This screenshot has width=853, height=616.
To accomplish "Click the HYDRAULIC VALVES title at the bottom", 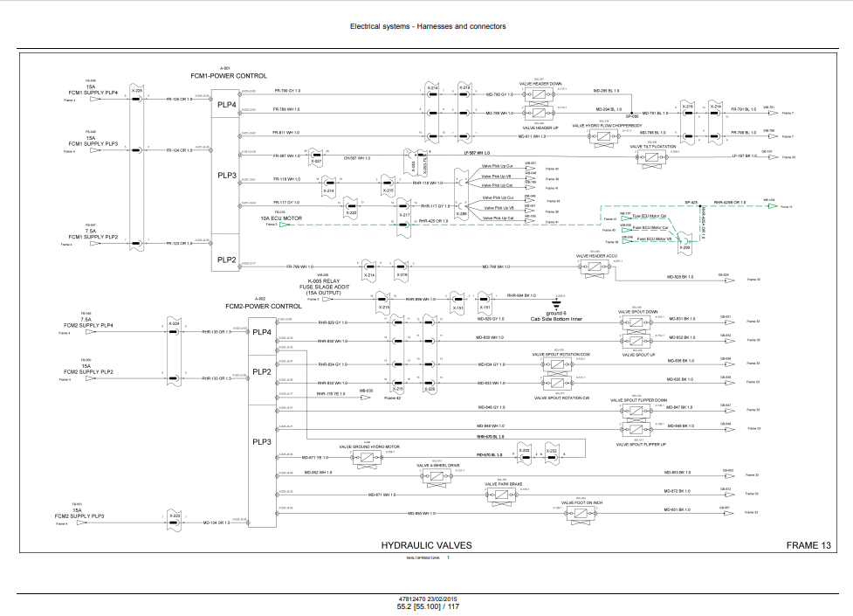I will (x=426, y=545).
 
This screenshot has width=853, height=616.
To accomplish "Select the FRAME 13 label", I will (x=808, y=545).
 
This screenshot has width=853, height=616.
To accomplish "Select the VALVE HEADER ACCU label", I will (x=597, y=256).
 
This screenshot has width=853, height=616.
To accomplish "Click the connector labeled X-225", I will (x=137, y=90).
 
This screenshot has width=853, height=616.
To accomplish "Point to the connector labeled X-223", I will (x=175, y=516).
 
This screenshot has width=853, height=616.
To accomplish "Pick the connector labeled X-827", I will (x=316, y=163).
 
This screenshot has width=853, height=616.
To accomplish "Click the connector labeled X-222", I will (x=352, y=212).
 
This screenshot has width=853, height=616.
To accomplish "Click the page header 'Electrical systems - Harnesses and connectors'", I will (x=428, y=26).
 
